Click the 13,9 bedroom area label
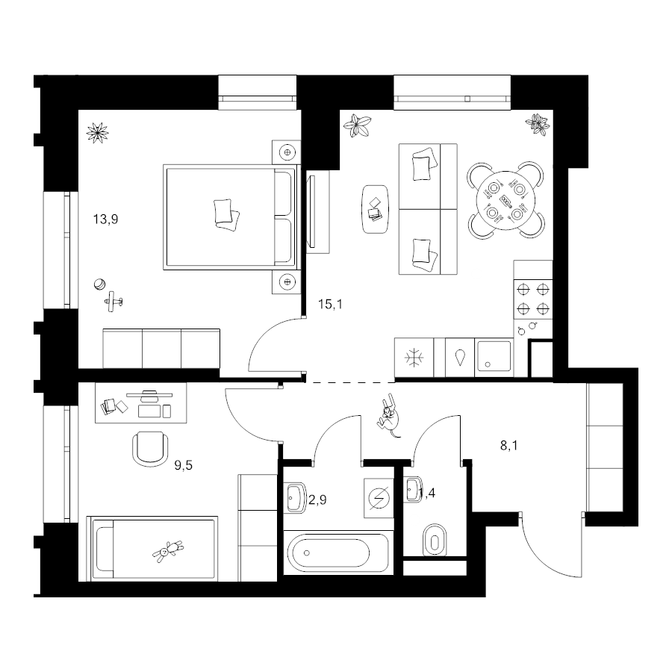(105, 220)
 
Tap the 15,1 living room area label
(330, 305)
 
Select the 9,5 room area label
(183, 465)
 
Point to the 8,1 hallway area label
(509, 446)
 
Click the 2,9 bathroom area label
(317, 500)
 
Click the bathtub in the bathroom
(329, 553)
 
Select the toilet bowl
(435, 541)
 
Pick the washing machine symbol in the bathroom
(379, 497)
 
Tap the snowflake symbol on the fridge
(414, 358)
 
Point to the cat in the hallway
(389, 417)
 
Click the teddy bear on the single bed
(167, 550)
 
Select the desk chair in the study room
(150, 449)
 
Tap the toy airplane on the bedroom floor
(113, 302)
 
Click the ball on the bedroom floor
(99, 284)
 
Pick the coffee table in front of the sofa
(376, 209)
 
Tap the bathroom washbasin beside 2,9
(296, 497)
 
